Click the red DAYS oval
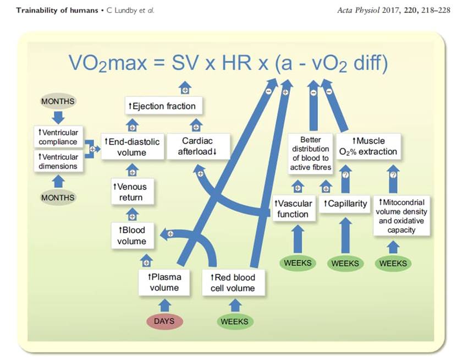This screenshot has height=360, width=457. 164,321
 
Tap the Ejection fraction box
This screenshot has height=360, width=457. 162,106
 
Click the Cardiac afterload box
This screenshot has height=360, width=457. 199,147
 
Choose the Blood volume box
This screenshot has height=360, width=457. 132,236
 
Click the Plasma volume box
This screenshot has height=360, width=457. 164,282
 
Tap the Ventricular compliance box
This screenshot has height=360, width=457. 58,138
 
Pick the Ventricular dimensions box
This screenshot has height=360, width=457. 58,161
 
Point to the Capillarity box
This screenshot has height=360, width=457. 345,204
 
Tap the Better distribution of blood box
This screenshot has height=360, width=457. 311,152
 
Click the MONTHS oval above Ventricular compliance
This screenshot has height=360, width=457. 58,102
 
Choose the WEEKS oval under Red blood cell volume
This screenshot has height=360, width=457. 234,321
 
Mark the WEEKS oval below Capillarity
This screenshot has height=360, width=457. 345,263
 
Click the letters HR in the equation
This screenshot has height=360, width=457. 240,62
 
